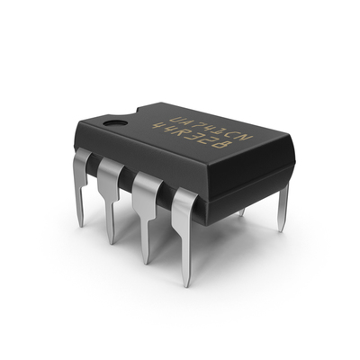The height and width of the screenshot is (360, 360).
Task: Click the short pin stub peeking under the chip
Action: pos(241,212)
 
